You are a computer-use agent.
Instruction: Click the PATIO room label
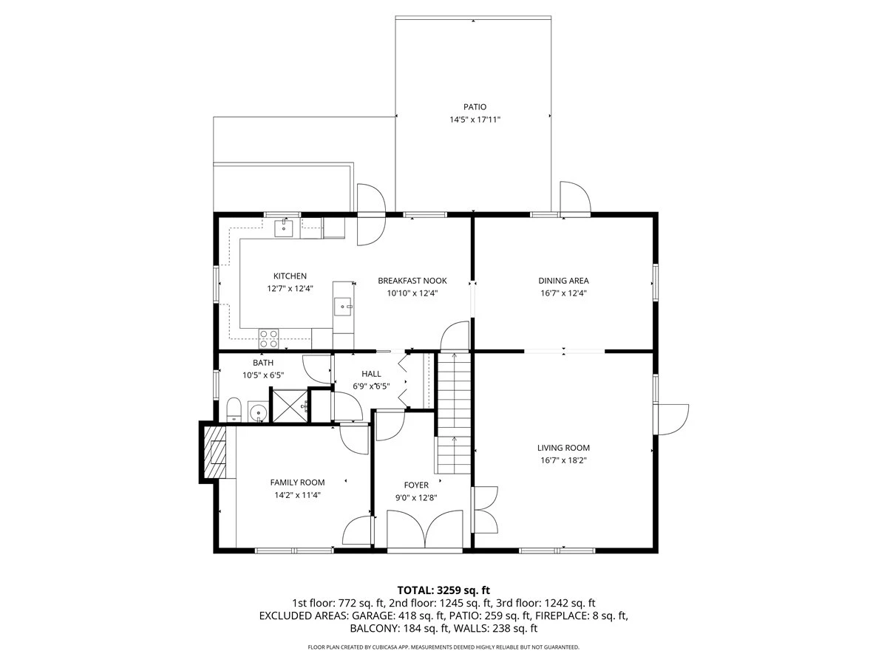click(x=475, y=107)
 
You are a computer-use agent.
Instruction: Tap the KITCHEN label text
click(x=290, y=276)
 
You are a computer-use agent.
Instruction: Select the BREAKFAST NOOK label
click(x=412, y=281)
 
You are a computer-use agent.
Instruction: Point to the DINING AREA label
click(x=563, y=281)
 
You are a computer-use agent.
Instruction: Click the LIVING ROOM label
click(x=563, y=448)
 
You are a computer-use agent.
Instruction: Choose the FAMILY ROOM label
click(x=297, y=482)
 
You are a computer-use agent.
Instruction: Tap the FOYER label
click(x=416, y=485)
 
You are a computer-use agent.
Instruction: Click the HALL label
click(x=371, y=374)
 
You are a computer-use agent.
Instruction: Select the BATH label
click(x=263, y=363)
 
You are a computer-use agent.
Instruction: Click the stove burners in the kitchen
click(x=269, y=338)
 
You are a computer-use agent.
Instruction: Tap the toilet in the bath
click(x=234, y=410)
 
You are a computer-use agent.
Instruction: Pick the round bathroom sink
click(x=258, y=412)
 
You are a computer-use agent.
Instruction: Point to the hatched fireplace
click(x=215, y=453)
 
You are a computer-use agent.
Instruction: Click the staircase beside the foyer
click(x=454, y=412)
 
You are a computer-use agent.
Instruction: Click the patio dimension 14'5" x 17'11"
click(x=475, y=120)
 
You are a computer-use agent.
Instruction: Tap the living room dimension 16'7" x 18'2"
click(x=563, y=460)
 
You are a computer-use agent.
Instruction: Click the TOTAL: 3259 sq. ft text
click(x=443, y=590)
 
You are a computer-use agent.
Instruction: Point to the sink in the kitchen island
click(x=344, y=307)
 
